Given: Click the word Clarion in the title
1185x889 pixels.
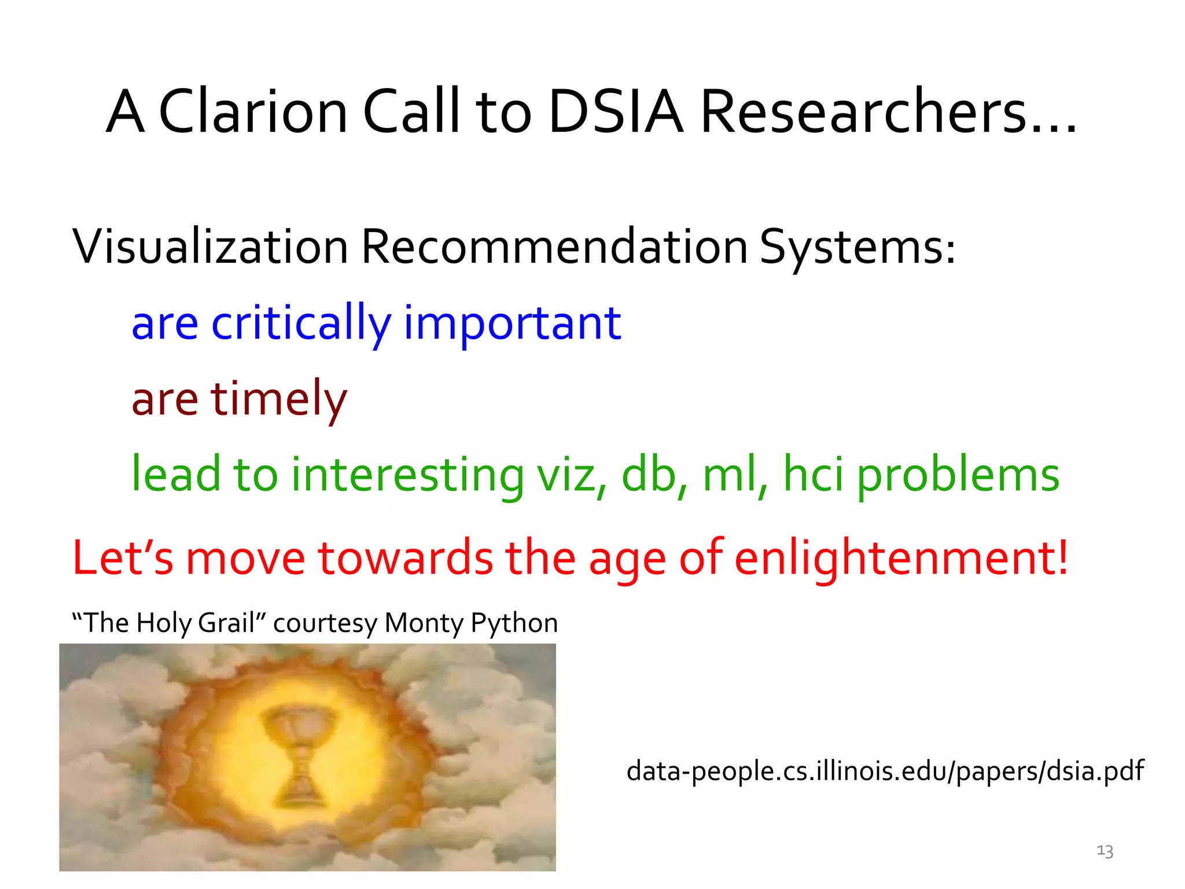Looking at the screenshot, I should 253,112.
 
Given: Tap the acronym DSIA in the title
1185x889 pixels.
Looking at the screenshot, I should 616,112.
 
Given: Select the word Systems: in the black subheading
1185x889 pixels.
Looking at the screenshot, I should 857,247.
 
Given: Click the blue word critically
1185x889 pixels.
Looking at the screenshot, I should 301,323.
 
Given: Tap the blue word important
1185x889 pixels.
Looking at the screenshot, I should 511,323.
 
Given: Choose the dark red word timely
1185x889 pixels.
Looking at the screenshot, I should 278,399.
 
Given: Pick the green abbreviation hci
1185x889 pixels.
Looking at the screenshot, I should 812,475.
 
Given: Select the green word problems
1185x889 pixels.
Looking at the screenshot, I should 958,475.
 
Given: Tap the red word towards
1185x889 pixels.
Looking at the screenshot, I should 406,558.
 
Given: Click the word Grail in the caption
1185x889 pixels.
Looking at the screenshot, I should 226,623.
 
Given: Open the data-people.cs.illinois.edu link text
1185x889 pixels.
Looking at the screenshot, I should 885,771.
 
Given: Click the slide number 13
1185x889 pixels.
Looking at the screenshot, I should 1105,851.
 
